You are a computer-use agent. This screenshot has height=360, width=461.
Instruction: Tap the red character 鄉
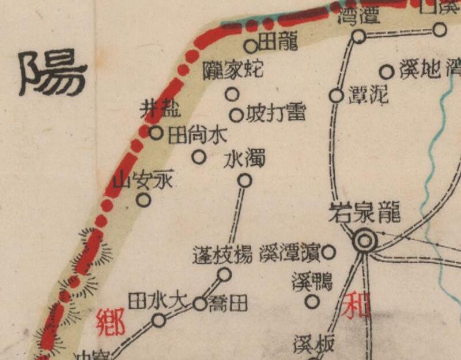tap(111, 322)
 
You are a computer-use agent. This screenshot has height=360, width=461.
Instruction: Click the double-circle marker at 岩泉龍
tap(364, 240)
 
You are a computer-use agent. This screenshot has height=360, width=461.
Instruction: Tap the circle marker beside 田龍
tap(251, 46)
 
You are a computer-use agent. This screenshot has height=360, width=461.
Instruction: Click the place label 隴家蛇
tap(233, 70)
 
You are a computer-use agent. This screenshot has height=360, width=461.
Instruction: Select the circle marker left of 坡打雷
tap(236, 115)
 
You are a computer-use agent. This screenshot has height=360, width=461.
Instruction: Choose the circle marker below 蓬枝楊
tap(224, 275)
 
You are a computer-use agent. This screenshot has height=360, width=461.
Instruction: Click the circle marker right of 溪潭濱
tap(328, 252)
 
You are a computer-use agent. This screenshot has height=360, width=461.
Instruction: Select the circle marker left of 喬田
tap(199, 304)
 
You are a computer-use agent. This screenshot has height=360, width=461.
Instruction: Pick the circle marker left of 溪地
tap(387, 73)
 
